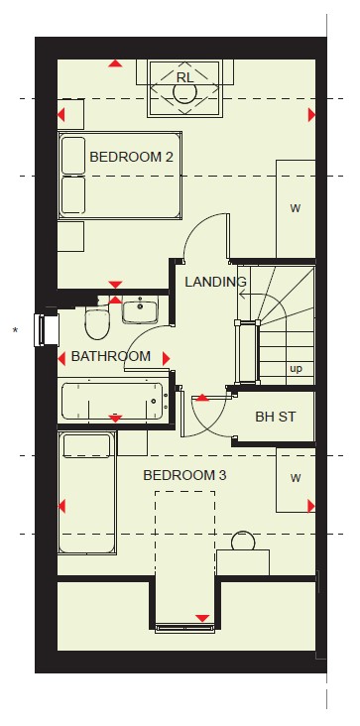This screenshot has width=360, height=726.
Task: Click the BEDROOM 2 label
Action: pos(132,157)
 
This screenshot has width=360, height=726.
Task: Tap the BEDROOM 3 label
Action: pos(184,475)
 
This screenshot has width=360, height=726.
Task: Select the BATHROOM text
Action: pos(111,356)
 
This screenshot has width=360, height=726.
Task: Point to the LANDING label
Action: pos(215,282)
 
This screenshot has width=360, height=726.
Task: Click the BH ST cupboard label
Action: pos(276,417)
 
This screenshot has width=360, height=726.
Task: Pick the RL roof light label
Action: pos(184,77)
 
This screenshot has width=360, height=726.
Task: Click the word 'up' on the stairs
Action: pos(296,369)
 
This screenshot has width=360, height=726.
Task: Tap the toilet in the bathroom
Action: pos(97,322)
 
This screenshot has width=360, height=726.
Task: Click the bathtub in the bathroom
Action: pos(112,401)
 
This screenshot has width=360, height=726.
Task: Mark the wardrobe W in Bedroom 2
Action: pos(296,209)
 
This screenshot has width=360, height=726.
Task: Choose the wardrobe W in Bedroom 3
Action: pos(296,479)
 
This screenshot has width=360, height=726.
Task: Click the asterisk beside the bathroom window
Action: pos(15,330)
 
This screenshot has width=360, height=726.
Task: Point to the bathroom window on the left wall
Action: pos(47,329)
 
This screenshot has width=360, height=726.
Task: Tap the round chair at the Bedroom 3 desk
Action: pos(243,541)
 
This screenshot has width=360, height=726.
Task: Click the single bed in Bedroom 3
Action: pos(87,493)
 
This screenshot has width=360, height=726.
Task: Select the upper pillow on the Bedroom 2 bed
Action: pos(73,156)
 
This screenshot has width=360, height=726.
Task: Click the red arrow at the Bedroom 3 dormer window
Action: pos(202,618)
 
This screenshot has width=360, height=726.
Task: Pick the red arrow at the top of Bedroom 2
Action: pos(115,63)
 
